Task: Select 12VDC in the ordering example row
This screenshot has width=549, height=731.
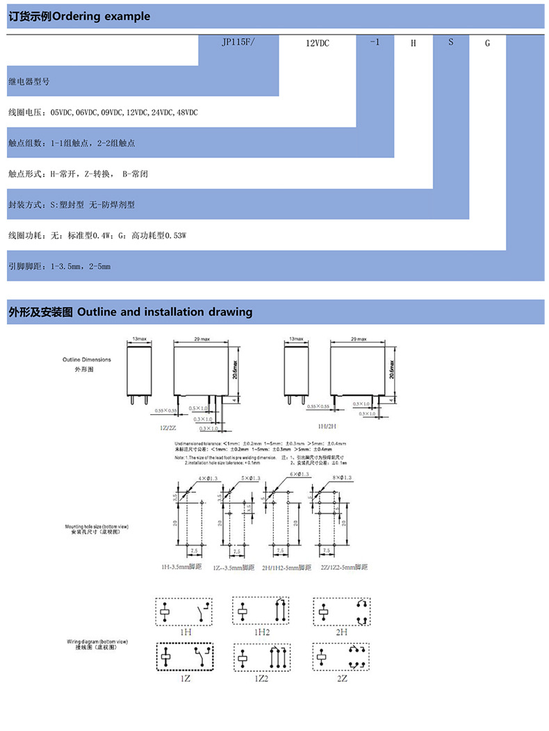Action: coord(317,43)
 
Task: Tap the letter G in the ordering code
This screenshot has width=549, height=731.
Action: coord(487,43)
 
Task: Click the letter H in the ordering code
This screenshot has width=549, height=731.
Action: coord(413,43)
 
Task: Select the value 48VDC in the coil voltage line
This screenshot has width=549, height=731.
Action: coord(188,112)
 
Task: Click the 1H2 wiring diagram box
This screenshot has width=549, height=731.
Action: coord(261,612)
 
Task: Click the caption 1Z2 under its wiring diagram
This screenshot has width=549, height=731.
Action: coord(261,678)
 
